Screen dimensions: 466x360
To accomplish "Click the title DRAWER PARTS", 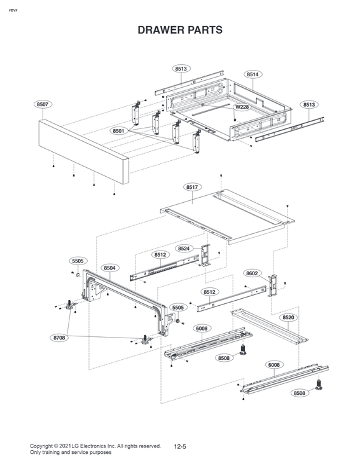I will point(180,30).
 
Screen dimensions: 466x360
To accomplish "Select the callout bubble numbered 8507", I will point(43,104).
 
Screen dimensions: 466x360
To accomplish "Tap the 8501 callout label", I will point(119,130).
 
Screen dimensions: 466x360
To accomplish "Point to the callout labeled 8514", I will point(253,74).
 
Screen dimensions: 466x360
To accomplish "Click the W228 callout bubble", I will point(242,107).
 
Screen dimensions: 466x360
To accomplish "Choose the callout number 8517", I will point(193,187).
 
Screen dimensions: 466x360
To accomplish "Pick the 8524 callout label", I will point(184,248).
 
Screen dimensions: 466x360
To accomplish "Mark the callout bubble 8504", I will point(110,268).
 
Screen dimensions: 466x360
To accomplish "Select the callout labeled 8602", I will point(253,273).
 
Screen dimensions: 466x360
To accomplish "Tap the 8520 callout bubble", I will point(288,317).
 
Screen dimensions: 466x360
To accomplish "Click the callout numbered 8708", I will point(59,338).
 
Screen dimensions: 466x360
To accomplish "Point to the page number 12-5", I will point(180,448).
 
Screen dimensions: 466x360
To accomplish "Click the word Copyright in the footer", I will point(44,446).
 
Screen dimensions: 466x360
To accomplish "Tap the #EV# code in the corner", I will point(12,12).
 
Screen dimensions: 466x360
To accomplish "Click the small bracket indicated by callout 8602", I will point(274,285).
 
